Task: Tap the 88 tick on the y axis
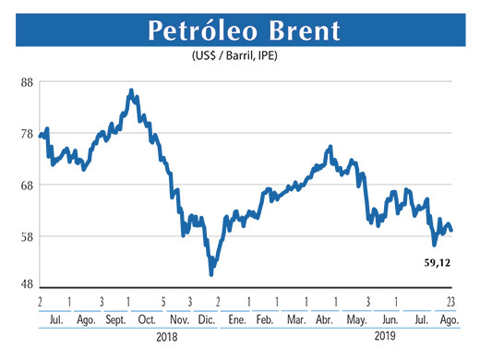27,82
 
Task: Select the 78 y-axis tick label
27,134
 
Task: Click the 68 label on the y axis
27,185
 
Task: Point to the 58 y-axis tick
27,236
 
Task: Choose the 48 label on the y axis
27,285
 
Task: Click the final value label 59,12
438,264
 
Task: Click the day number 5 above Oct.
162,302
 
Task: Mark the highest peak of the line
132,90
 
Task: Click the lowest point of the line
211,274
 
